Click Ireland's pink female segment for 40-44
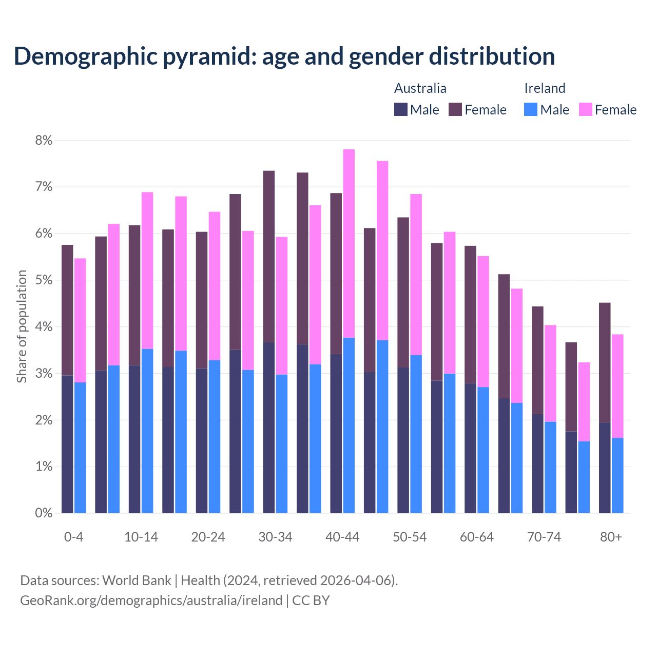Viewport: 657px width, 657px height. pyautogui.click(x=349, y=243)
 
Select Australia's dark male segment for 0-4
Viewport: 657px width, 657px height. pyautogui.click(x=67, y=444)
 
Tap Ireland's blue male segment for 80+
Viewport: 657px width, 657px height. pyautogui.click(x=617, y=475)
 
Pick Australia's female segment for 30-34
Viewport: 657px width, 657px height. pyautogui.click(x=269, y=256)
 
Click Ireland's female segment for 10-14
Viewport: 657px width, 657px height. pyautogui.click(x=147, y=270)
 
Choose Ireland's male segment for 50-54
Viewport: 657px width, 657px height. pyautogui.click(x=416, y=434)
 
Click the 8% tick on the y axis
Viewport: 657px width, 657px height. pyautogui.click(x=44, y=140)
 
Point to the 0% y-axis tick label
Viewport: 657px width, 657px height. pyautogui.click(x=44, y=513)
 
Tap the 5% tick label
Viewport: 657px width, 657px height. pyautogui.click(x=44, y=280)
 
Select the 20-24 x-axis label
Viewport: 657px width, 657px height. pyautogui.click(x=208, y=537)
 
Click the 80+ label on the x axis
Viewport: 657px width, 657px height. pyautogui.click(x=611, y=537)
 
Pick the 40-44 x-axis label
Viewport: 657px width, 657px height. pyautogui.click(x=342, y=537)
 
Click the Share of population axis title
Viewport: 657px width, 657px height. pyautogui.click(x=22, y=326)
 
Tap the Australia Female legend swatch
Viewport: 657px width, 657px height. pyautogui.click(x=455, y=109)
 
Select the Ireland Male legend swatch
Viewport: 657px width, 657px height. pyautogui.click(x=531, y=109)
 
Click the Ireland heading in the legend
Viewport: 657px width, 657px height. pyautogui.click(x=545, y=88)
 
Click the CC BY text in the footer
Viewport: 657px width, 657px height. pyautogui.click(x=311, y=600)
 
